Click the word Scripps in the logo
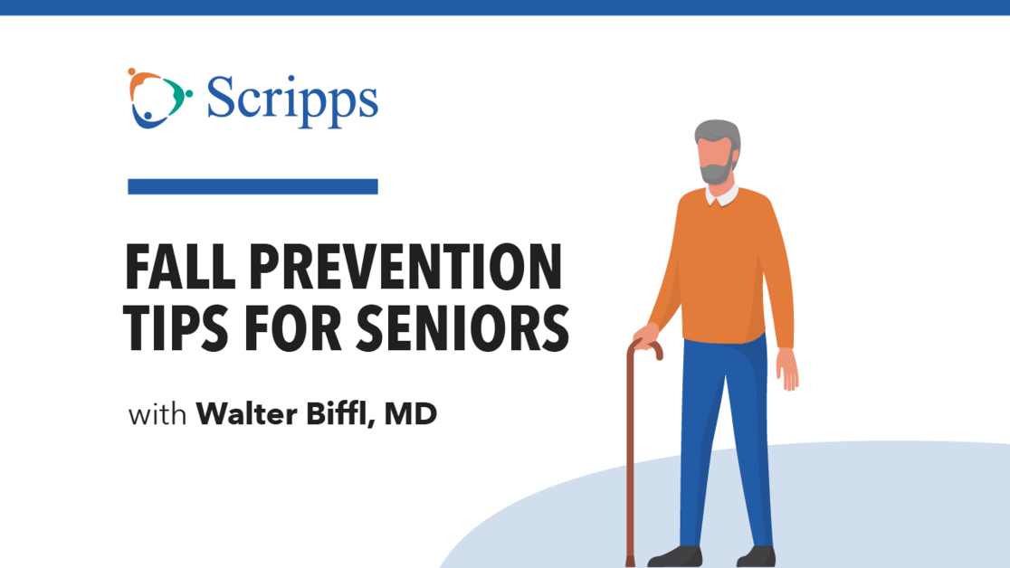point(291,99)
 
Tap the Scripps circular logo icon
point(159,98)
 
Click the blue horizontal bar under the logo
point(252,186)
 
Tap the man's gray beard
point(717,173)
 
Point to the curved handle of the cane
point(647,346)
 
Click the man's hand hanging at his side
point(787,369)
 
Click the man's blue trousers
point(724,425)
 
